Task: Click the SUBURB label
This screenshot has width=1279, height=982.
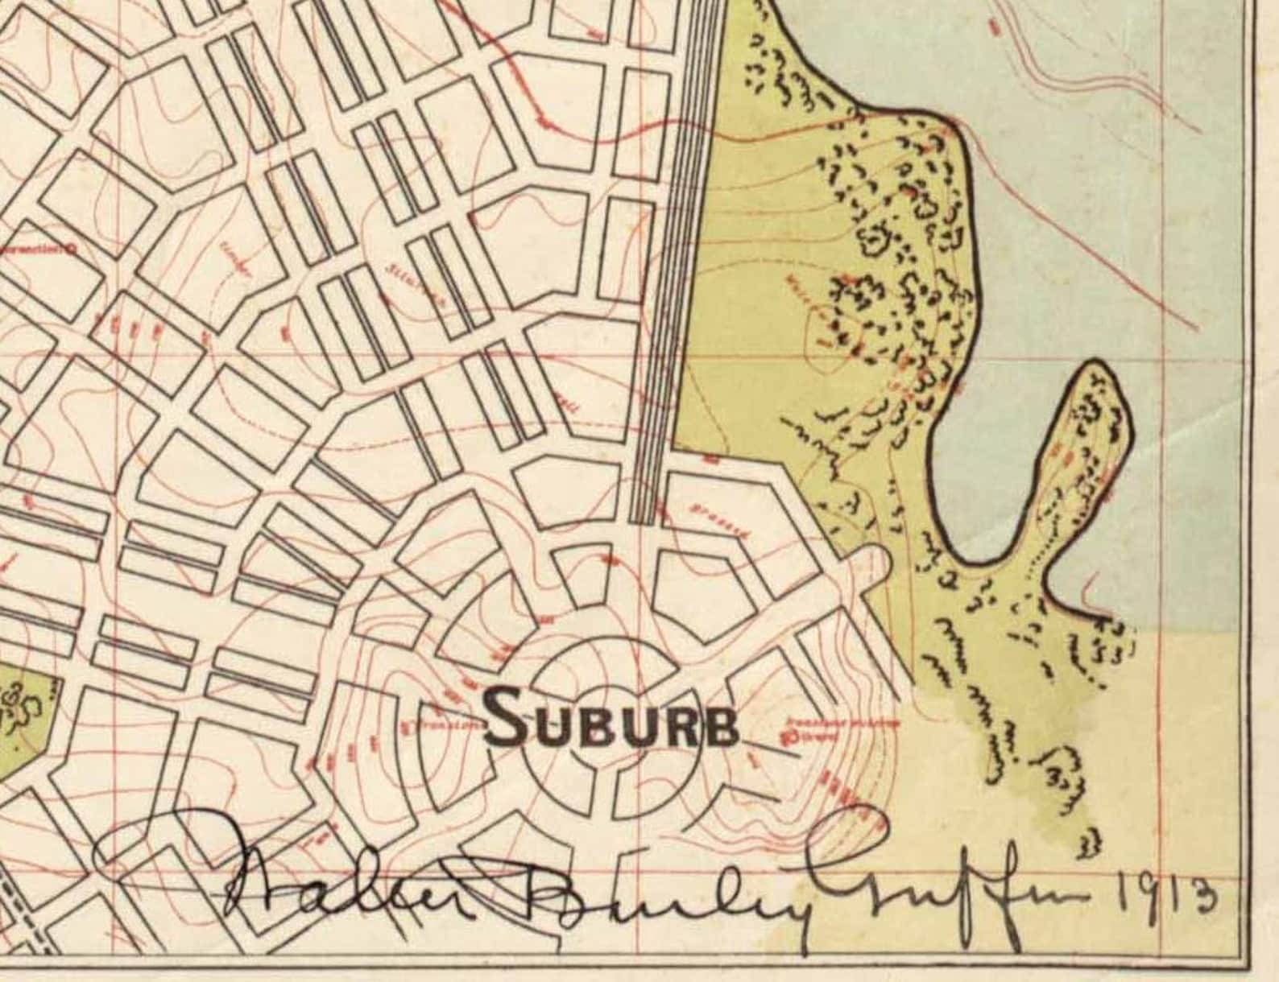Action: click(x=611, y=718)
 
